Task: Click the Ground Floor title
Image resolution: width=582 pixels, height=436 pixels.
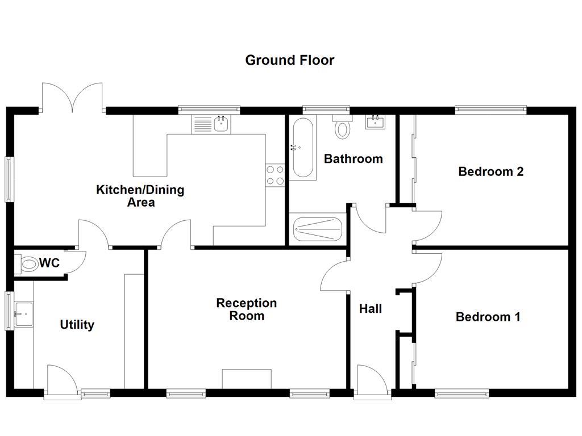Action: [x=289, y=60]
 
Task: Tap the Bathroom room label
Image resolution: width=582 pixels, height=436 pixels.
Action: [x=353, y=159]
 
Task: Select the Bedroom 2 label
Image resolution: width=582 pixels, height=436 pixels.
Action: [x=490, y=171]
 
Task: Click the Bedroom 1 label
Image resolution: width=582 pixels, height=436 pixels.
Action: [x=488, y=317]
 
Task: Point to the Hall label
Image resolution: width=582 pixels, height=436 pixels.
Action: [x=371, y=309]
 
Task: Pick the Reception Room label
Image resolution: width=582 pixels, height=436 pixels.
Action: [x=246, y=309]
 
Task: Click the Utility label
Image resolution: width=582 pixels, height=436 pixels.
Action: [x=77, y=325]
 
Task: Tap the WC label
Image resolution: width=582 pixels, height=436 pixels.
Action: [x=49, y=263]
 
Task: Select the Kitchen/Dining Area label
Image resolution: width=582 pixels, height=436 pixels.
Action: [x=140, y=195]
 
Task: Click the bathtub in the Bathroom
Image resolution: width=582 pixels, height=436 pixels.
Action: [x=302, y=148]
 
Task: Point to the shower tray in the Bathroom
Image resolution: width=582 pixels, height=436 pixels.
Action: [x=318, y=230]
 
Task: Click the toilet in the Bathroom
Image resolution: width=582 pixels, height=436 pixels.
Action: [x=342, y=128]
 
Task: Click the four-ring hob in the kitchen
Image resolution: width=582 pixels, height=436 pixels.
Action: [x=275, y=175]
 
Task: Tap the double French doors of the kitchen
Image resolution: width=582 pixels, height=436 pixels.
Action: [x=73, y=97]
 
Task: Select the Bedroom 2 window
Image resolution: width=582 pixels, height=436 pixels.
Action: [x=490, y=110]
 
